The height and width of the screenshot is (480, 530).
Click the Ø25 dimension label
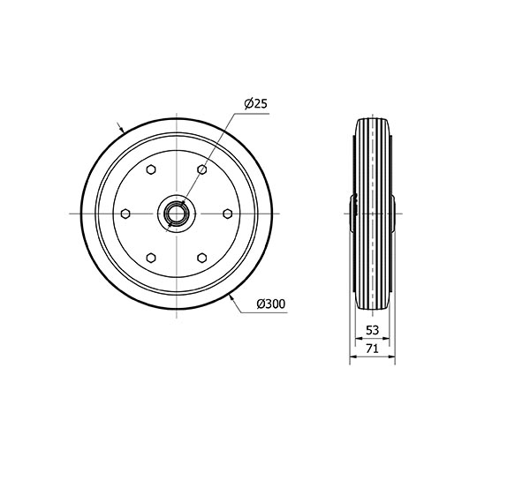pyautogui.click(x=256, y=103)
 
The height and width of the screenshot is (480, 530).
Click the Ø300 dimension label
pyautogui.click(x=271, y=304)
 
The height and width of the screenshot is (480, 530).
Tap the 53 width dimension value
pyautogui.click(x=372, y=330)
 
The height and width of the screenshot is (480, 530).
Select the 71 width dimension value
pyautogui.click(x=372, y=348)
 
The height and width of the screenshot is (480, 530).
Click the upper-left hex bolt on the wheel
pyautogui.click(x=151, y=169)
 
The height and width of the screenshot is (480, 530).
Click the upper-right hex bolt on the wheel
pyautogui.click(x=201, y=169)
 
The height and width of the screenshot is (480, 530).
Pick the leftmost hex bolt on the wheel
pyautogui.click(x=125, y=214)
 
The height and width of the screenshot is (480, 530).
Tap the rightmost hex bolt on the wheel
pyautogui.click(x=228, y=214)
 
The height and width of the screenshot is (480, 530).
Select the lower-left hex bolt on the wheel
pyautogui.click(x=151, y=258)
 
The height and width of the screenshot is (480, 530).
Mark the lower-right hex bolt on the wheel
pyautogui.click(x=201, y=258)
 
